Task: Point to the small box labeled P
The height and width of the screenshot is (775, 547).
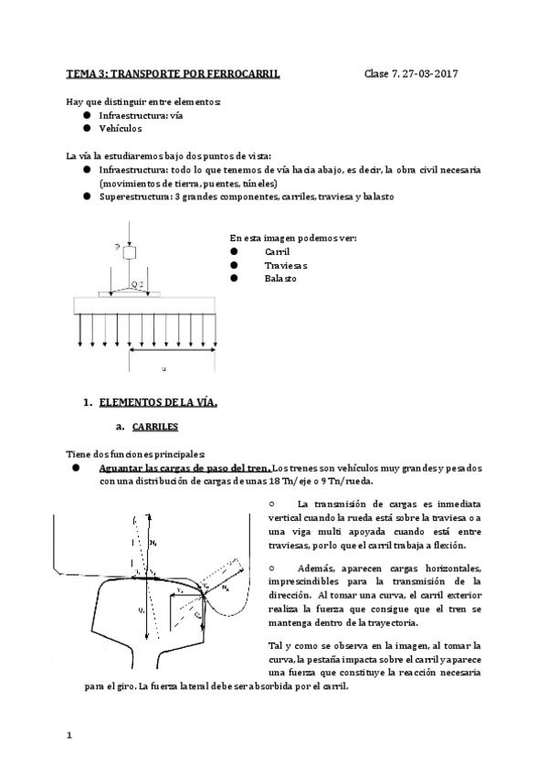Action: tap(129, 252)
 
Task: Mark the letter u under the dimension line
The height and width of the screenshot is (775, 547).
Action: tap(163, 368)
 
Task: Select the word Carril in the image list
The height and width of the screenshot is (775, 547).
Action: tap(277, 251)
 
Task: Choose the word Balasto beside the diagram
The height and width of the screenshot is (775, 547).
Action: tap(279, 278)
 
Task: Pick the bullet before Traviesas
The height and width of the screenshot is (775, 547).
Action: tap(234, 264)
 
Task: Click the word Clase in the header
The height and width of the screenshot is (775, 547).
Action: tap(377, 73)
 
